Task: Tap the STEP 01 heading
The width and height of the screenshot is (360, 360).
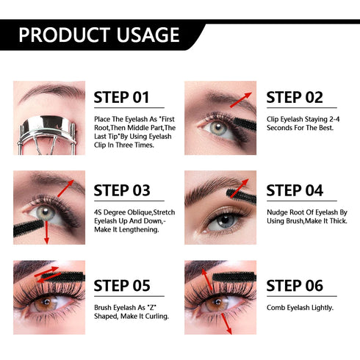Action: (122, 98)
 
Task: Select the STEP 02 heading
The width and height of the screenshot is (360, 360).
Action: (295, 98)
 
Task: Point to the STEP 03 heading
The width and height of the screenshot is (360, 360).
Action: (122, 190)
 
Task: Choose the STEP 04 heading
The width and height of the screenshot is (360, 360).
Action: (295, 190)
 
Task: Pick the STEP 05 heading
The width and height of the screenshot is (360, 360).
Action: (122, 285)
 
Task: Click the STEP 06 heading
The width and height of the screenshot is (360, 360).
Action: (295, 285)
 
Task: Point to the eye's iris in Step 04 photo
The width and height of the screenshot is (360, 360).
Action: (223, 220)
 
